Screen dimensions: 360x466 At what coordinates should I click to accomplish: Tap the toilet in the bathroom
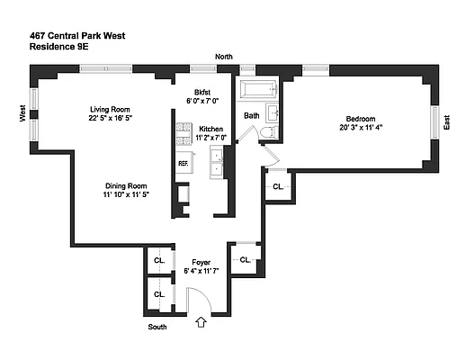tap(268, 134)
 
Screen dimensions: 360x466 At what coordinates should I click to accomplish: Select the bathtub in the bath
tap(257, 90)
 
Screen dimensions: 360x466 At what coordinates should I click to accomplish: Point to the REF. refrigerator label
tap(183, 163)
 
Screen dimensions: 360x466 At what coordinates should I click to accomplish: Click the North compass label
tap(224, 58)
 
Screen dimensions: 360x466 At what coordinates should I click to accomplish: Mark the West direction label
tap(21, 113)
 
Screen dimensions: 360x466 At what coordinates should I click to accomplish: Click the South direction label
tap(157, 327)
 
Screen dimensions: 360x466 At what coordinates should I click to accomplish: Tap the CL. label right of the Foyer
tap(243, 259)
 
